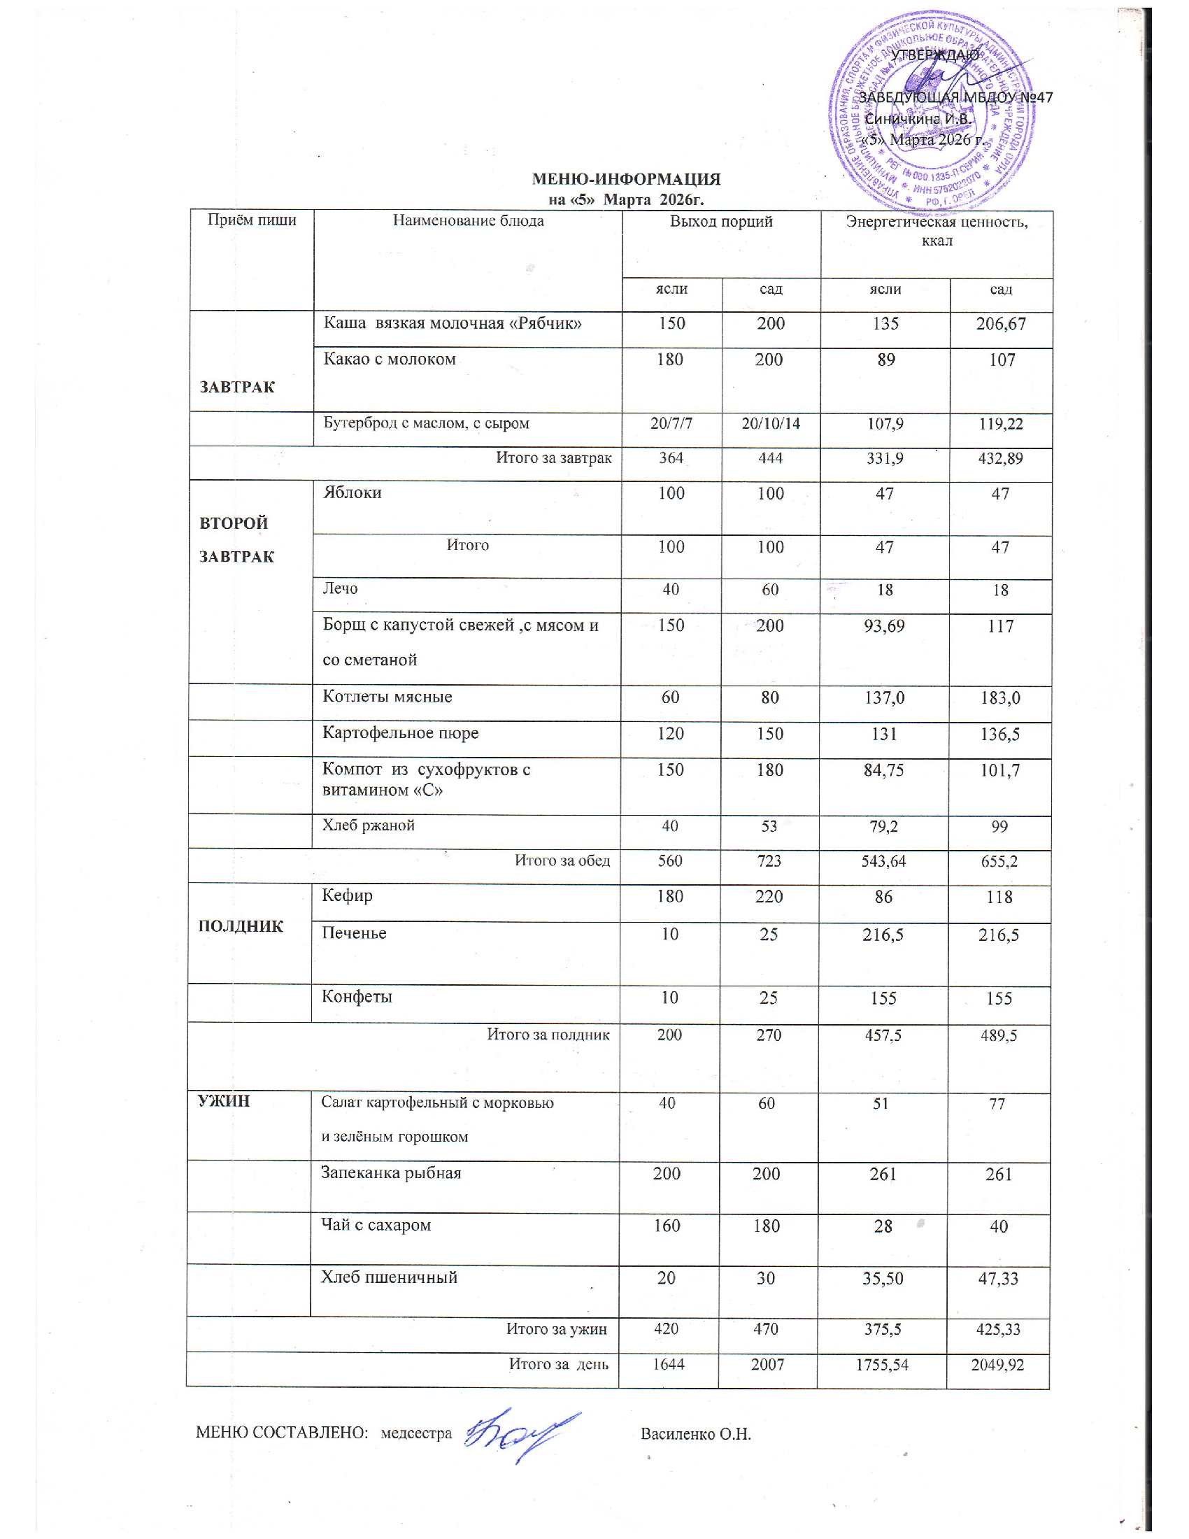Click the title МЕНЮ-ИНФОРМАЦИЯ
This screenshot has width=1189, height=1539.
626,179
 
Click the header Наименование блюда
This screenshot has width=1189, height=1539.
469,221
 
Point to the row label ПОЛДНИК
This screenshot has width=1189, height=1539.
241,927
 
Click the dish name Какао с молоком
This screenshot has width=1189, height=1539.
390,360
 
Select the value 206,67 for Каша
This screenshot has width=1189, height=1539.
1001,324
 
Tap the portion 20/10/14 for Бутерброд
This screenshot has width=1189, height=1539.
771,424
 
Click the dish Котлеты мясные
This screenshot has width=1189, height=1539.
387,697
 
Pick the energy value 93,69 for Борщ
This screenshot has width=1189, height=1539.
884,626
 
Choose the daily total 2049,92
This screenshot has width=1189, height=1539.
997,1365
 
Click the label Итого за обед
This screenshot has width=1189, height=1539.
562,860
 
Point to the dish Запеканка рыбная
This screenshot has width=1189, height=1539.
391,1173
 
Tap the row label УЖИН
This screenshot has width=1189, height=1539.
225,1101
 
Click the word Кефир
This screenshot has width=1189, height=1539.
348,896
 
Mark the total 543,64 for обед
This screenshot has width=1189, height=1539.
883,861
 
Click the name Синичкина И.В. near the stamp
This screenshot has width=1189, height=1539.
918,119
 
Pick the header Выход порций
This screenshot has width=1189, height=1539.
721,221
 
